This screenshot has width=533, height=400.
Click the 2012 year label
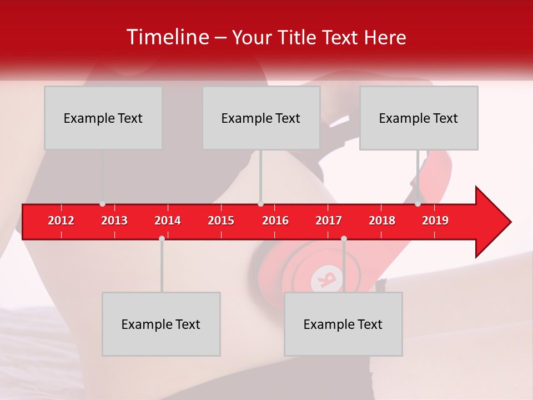(61, 221)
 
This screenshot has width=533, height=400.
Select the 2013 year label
(114, 221)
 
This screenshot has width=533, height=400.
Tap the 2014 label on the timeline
(168, 221)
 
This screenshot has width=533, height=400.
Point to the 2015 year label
(221, 221)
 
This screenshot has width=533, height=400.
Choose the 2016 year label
(275, 221)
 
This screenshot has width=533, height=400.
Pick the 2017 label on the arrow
(329, 221)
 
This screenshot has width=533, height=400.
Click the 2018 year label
(382, 221)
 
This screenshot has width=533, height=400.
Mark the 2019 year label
(435, 221)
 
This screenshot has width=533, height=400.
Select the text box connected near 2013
(103, 118)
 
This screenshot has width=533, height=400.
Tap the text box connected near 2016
(261, 118)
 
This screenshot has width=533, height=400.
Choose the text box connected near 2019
(419, 118)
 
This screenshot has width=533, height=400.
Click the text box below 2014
(161, 324)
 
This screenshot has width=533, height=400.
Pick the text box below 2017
(343, 324)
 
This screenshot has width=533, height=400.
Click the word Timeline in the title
(167, 37)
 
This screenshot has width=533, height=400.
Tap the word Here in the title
(385, 37)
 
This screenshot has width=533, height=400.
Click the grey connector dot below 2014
(162, 238)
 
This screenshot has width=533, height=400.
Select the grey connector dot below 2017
(344, 238)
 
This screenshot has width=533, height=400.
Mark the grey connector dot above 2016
(260, 204)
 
